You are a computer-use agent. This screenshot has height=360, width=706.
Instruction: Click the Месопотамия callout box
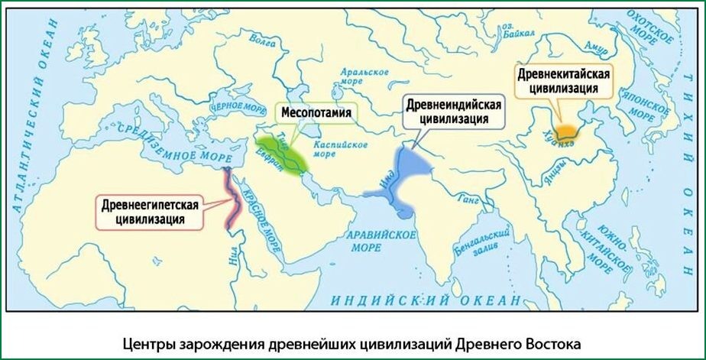click(316, 113)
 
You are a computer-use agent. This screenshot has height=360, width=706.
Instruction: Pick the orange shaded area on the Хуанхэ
click(568, 131)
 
